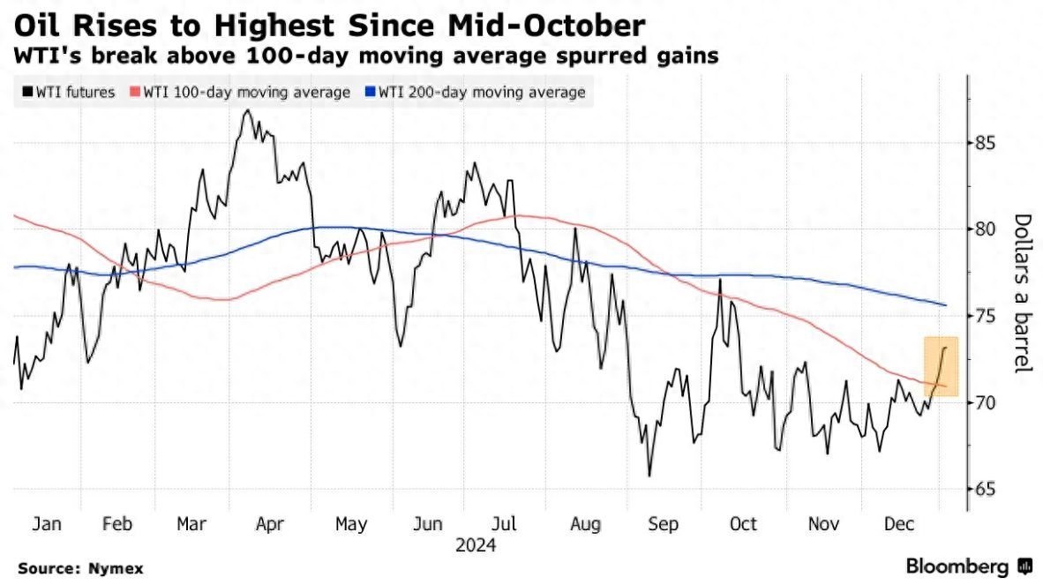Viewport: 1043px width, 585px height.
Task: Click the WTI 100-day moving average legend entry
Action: (239, 92)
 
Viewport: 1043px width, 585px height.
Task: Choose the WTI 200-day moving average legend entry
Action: (476, 92)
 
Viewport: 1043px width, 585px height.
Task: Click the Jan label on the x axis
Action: (46, 525)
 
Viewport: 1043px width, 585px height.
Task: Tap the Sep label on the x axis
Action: (663, 525)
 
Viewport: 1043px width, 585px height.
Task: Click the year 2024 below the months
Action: (476, 546)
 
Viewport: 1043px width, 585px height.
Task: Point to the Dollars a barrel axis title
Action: (1023, 293)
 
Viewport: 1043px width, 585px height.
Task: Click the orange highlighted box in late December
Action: (941, 366)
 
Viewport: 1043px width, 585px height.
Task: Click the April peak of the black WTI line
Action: (246, 110)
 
